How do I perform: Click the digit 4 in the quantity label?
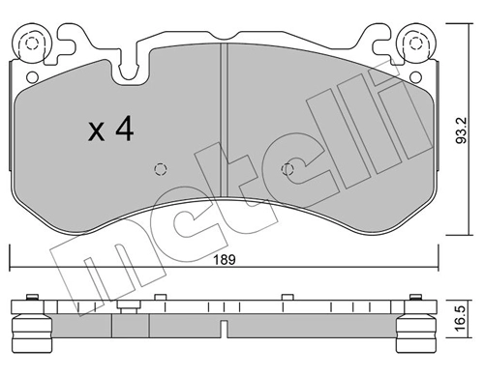click(123, 130)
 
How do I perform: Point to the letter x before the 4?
click(97, 133)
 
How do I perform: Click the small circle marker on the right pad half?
click(287, 170)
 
